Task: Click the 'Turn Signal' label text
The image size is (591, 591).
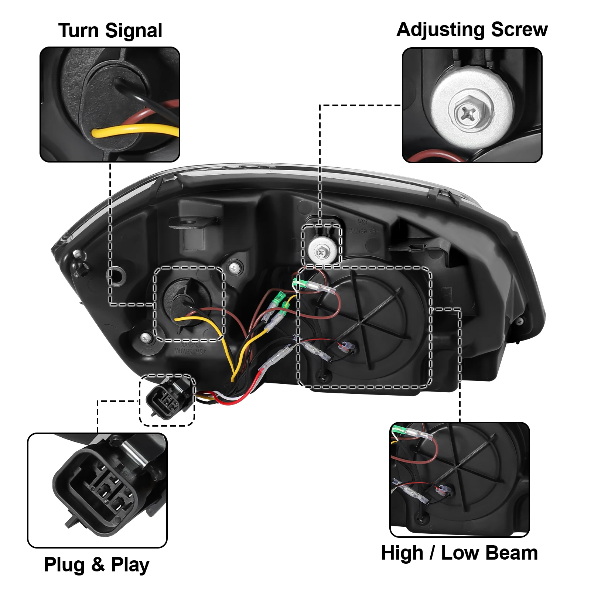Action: click(110, 31)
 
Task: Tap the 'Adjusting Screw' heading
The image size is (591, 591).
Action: click(472, 30)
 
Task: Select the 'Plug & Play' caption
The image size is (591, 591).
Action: click(96, 565)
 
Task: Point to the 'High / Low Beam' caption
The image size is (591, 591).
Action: click(460, 553)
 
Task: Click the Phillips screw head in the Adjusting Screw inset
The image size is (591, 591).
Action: click(471, 110)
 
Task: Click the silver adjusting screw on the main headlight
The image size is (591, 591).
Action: click(322, 252)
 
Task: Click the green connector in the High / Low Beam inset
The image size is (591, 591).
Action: click(399, 429)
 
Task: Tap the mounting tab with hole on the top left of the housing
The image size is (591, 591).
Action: click(192, 222)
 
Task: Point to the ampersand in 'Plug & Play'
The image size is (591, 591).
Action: click(98, 565)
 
